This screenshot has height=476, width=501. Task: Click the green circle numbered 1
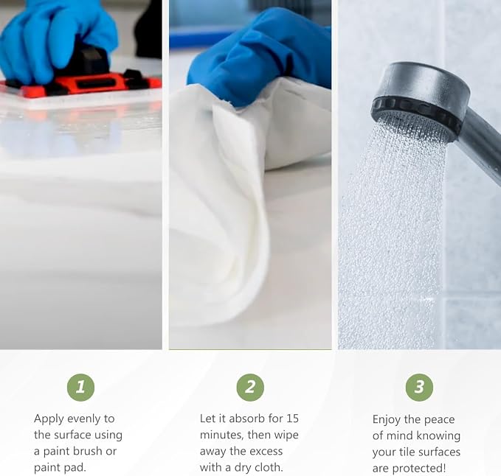point(81,388)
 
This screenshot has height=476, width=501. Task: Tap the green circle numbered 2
point(250,388)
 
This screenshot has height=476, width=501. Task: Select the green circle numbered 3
point(419,388)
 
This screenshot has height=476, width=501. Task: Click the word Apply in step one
point(49,419)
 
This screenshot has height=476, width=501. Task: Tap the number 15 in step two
point(292,419)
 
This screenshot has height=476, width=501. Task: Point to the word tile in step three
point(406,452)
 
